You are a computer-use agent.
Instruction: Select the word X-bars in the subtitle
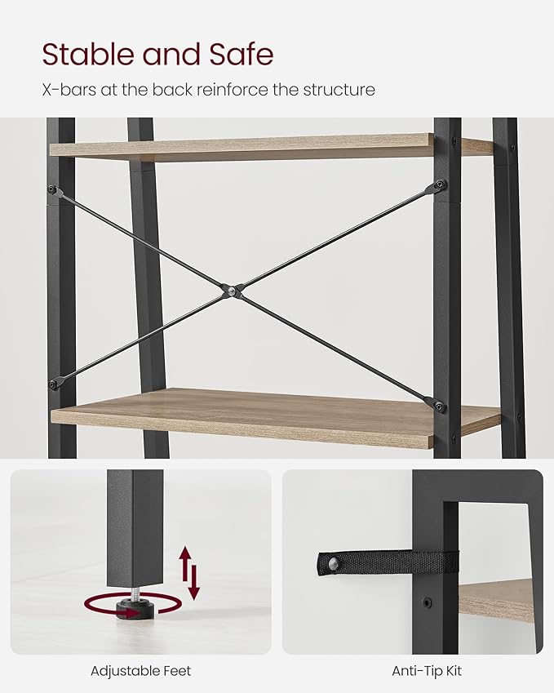[x=68, y=89]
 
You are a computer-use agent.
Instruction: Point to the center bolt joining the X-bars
[x=232, y=290]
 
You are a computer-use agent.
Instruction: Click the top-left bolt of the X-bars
[x=54, y=190]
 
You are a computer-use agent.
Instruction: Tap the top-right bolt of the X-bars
[x=441, y=184]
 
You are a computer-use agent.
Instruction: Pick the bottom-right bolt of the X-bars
[x=440, y=406]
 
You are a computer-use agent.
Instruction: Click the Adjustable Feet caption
[x=140, y=671]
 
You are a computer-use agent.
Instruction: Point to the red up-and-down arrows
[x=189, y=573]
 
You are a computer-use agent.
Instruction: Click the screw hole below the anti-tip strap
[x=427, y=604]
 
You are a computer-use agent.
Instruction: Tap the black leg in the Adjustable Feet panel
[x=135, y=526]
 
